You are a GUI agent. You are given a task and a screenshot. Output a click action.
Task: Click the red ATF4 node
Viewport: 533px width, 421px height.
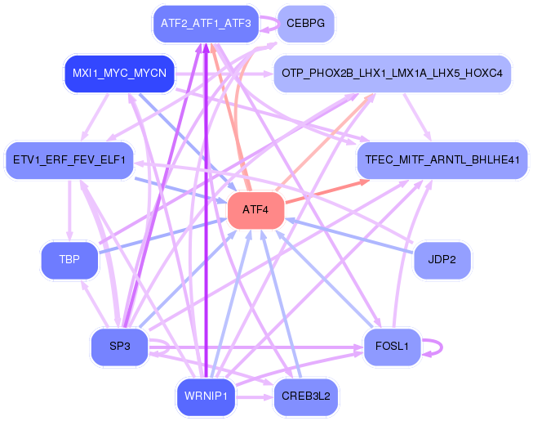(x=255, y=210)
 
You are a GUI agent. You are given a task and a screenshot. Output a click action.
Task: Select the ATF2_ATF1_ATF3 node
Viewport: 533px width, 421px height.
(x=206, y=24)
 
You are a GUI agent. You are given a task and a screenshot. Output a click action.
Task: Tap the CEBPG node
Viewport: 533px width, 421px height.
(x=305, y=24)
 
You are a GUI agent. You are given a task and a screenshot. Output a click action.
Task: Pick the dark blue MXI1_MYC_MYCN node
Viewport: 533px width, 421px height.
(x=119, y=74)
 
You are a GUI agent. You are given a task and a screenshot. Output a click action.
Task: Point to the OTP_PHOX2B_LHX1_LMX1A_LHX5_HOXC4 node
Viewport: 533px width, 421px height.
(x=393, y=74)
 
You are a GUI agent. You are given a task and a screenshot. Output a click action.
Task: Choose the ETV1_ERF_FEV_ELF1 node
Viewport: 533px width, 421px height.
(x=69, y=160)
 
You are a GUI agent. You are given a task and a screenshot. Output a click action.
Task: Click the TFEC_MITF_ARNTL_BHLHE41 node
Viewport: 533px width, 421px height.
(x=442, y=160)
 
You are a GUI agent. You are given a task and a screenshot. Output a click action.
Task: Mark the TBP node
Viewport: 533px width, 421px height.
(x=69, y=260)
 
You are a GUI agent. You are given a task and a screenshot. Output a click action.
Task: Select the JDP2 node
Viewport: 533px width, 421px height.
(x=442, y=260)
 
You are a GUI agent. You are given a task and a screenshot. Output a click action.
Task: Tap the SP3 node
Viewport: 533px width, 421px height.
(x=120, y=347)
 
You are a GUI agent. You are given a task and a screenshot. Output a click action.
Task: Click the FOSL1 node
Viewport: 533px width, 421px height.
(x=392, y=347)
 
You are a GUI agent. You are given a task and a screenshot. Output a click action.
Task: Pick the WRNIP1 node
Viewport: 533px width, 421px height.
(x=206, y=396)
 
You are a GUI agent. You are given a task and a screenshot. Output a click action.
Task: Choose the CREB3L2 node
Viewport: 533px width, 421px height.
(x=306, y=396)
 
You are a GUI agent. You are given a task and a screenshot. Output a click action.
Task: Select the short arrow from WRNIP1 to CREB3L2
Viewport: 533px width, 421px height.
(x=255, y=397)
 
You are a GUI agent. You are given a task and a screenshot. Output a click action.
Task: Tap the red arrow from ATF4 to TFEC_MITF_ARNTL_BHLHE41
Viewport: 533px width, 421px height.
(x=327, y=192)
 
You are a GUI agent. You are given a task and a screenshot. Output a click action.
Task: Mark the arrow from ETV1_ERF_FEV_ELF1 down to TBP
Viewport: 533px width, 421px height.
(x=69, y=210)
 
